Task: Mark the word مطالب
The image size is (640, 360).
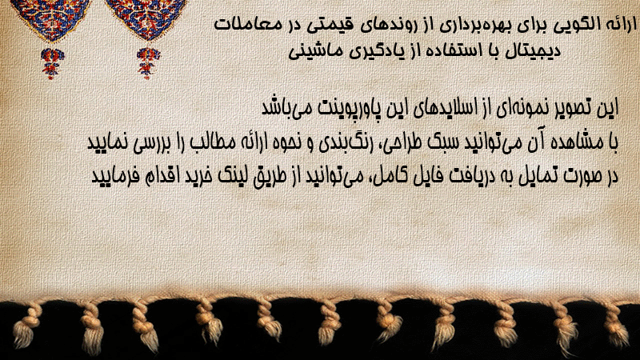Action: [x=212, y=142]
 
